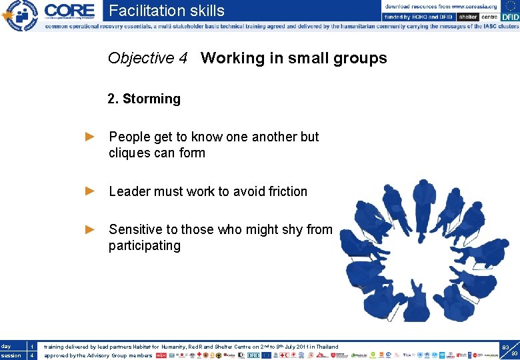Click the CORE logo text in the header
[69, 11]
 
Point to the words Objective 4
[147, 59]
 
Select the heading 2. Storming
[144, 99]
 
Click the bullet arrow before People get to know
[91, 137]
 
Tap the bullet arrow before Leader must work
[91, 191]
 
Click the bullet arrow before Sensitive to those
[91, 229]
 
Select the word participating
[145, 245]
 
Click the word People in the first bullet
[130, 137]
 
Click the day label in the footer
[6, 347]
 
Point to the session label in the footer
[11, 355]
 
